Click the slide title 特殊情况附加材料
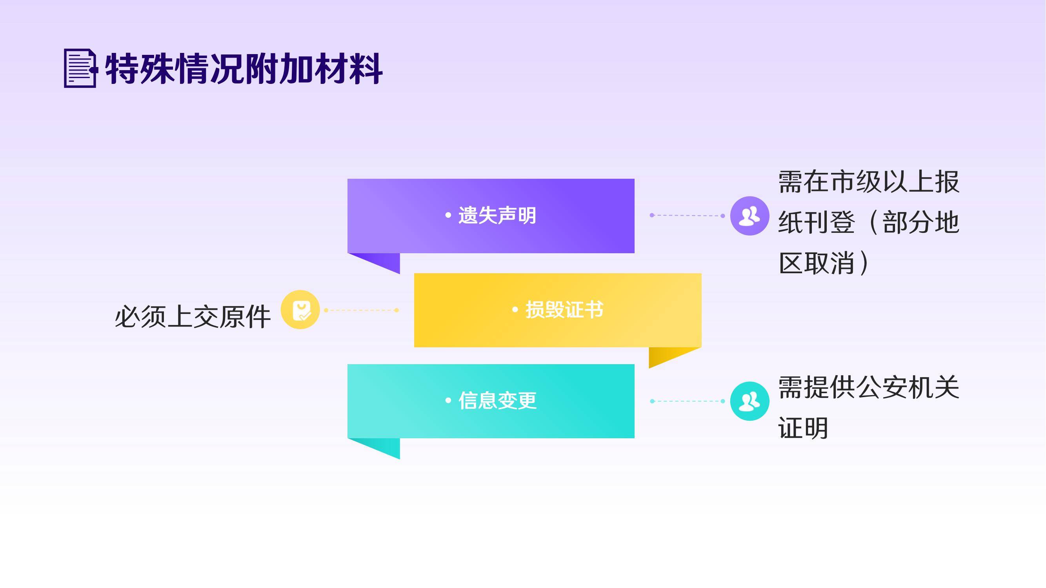[244, 69]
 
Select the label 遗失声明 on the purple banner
[497, 216]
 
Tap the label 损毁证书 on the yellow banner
[564, 310]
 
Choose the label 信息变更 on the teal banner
[497, 401]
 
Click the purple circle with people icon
[749, 216]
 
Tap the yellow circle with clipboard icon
[300, 310]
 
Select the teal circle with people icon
[749, 401]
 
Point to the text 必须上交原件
[193, 317]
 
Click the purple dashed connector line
[688, 216]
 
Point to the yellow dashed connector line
[361, 310]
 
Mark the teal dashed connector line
[688, 401]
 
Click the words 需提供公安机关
[869, 388]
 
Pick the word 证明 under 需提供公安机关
[803, 428]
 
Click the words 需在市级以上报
[869, 182]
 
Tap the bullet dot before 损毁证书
[515, 310]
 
